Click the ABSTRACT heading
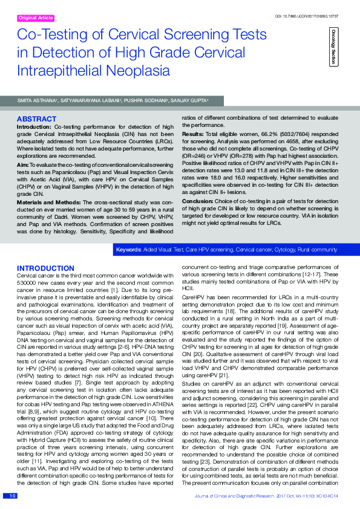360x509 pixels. tap(38, 119)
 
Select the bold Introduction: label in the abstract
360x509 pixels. tap(34, 127)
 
